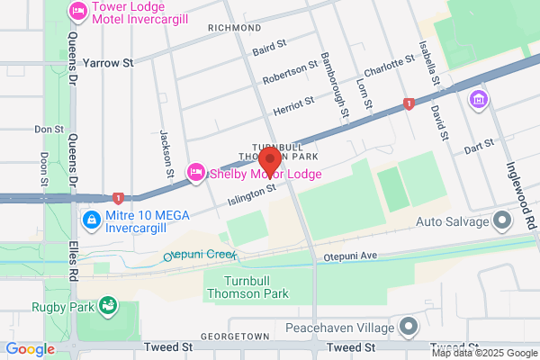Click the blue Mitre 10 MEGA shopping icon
[91, 219]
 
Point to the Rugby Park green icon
[109, 307]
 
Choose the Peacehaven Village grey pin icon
[410, 326]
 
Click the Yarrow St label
[107, 63]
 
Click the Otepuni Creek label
[198, 255]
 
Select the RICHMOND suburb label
[234, 28]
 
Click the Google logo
[31, 349]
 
